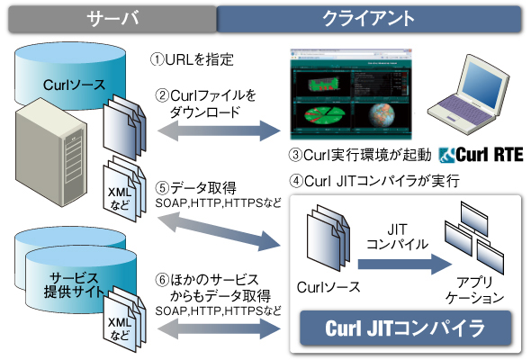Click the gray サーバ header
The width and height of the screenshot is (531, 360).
point(112,19)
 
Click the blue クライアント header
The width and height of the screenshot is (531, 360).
point(368,19)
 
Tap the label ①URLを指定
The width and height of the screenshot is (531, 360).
point(192,59)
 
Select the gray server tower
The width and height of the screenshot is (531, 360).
point(50,152)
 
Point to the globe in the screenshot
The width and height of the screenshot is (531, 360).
point(382,115)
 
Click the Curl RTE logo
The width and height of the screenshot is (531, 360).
point(481,155)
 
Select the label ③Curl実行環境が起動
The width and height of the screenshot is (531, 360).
point(360,155)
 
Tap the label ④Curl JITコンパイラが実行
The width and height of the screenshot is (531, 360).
point(374,181)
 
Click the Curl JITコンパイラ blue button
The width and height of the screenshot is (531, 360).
point(405,328)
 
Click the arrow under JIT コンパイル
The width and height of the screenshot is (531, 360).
point(405,265)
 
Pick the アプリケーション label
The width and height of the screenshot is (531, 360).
point(475,290)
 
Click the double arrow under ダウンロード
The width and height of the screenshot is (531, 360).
point(219,130)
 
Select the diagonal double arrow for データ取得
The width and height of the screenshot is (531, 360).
point(219,231)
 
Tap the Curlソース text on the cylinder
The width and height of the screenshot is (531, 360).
point(74,85)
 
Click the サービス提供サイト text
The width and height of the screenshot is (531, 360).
point(74,285)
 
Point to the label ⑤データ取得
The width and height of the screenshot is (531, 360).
point(196,187)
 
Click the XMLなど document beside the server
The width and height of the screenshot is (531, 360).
point(124,190)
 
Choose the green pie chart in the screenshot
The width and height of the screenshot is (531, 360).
point(324,115)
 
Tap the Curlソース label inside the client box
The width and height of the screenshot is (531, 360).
point(328,287)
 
